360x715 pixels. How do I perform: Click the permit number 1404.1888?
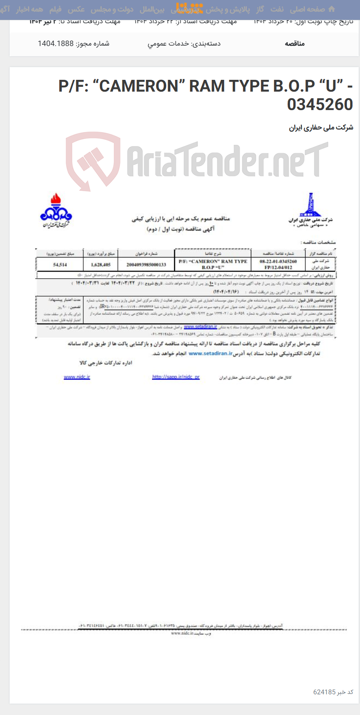click(93, 43)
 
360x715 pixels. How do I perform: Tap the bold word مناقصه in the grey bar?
click(295, 43)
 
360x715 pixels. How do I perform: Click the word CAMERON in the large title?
click(139, 86)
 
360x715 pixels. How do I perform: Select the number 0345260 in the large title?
click(320, 104)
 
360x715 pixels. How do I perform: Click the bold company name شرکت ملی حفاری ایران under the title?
click(321, 128)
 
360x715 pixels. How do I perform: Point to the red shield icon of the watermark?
click(93, 161)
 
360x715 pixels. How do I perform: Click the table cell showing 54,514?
click(60, 265)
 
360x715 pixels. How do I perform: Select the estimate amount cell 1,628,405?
click(101, 265)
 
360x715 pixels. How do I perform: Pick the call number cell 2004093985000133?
click(146, 265)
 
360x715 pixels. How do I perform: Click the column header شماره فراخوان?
click(146, 254)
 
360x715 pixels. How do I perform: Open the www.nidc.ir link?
click(77, 377)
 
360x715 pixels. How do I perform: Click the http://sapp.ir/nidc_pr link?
click(176, 377)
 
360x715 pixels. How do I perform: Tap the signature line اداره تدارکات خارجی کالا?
click(106, 363)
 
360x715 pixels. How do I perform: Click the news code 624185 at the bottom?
click(324, 692)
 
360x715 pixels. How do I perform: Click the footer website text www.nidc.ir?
click(182, 633)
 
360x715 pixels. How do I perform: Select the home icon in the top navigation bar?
click(331, 9)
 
